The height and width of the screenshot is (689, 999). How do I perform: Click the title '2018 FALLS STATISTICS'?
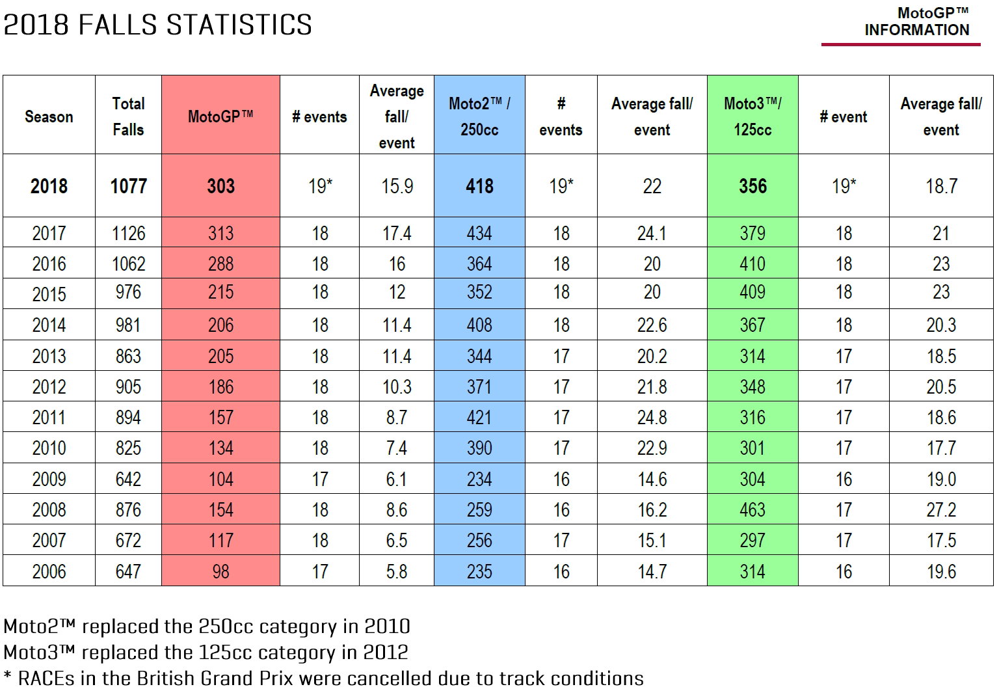157,25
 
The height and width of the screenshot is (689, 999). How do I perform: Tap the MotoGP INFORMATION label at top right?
916,21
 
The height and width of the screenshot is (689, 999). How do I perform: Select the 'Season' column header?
49,116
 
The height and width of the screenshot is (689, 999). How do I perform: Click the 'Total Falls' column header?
128,116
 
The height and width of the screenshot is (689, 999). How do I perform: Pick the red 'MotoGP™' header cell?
220,116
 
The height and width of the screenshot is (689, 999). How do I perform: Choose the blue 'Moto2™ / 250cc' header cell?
479,116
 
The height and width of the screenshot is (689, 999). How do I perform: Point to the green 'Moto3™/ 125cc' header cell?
753,116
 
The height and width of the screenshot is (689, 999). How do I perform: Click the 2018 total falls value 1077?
128,186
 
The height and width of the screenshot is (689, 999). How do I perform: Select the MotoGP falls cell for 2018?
220,186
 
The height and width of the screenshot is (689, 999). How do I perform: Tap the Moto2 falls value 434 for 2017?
479,233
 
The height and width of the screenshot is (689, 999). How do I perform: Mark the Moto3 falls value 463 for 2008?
753,509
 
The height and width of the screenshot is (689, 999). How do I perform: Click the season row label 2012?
49,386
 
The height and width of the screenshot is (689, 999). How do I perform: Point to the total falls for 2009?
128,479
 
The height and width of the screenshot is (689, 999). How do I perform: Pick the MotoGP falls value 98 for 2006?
220,571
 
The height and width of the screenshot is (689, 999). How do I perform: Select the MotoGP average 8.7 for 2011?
397,417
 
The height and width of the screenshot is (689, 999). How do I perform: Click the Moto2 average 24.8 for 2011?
652,417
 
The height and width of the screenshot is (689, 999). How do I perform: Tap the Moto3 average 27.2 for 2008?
941,509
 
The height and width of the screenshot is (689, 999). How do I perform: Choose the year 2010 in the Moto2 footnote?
386,626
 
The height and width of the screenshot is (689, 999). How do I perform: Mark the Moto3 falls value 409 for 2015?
753,291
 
